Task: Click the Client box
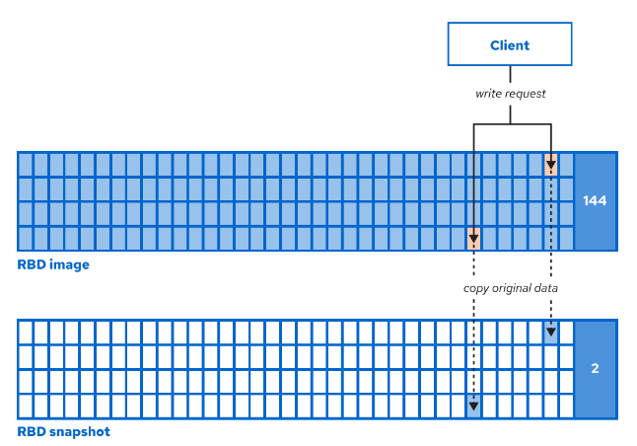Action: (510, 45)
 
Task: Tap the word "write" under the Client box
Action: (488, 94)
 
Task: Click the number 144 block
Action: (595, 201)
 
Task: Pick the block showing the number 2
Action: (595, 369)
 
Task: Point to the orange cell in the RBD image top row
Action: (550, 165)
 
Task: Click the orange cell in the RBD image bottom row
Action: (474, 238)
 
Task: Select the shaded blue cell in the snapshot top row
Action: (550, 333)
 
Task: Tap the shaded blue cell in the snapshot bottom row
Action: (474, 405)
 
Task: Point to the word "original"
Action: (514, 288)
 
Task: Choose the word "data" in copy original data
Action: (546, 288)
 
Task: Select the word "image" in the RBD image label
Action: (70, 264)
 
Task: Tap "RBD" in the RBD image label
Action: (32, 264)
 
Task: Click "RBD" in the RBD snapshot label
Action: (32, 432)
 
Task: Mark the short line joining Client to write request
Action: (510, 75)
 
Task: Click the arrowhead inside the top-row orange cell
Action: (550, 166)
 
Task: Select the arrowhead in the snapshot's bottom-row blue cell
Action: (474, 406)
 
